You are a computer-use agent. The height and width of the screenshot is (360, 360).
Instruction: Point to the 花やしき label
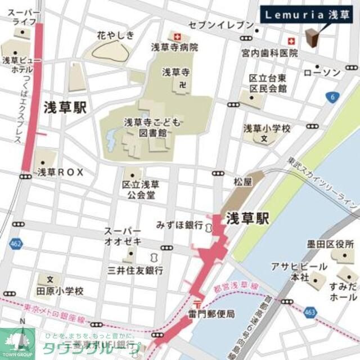pyautogui.click(x=116, y=35)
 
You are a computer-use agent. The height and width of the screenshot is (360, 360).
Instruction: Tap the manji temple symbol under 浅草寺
pyautogui.click(x=182, y=84)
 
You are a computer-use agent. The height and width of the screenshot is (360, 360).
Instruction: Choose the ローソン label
pyautogui.click(x=322, y=73)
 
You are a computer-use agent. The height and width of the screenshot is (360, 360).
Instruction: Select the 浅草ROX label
pyautogui.click(x=60, y=173)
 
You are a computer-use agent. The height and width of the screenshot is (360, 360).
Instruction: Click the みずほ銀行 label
pyautogui.click(x=179, y=225)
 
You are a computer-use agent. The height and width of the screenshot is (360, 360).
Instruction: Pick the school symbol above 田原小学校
pyautogui.click(x=50, y=279)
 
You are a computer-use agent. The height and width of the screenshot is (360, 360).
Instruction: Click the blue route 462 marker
pyautogui.click(x=16, y=244)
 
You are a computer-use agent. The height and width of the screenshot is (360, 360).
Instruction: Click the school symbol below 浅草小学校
pyautogui.click(x=264, y=139)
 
